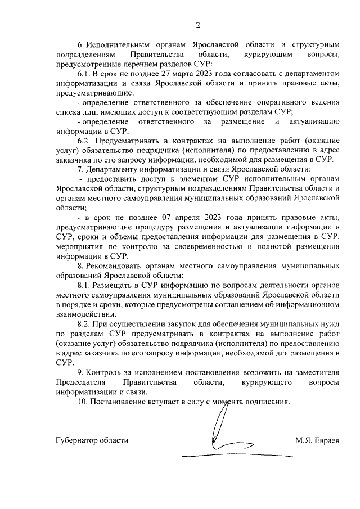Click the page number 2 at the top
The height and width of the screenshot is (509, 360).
198,24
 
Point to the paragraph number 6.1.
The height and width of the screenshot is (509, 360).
85,74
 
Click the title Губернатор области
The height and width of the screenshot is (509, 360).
93,440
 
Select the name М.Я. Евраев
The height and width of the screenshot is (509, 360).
317,440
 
